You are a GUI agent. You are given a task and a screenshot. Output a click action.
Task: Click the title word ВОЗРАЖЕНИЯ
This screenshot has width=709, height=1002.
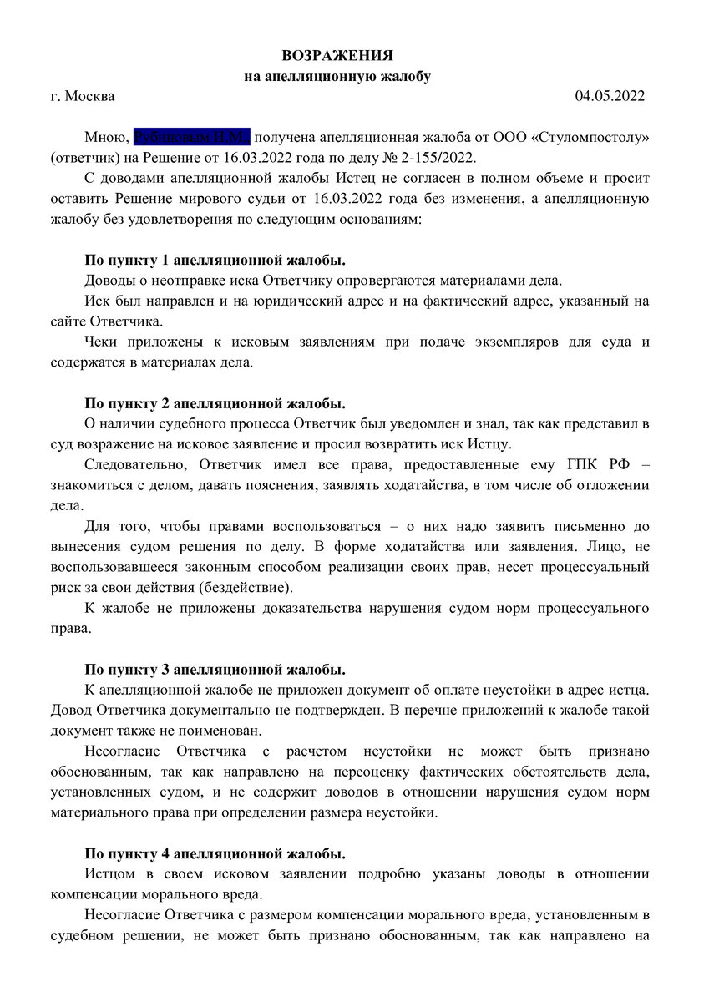click(337, 56)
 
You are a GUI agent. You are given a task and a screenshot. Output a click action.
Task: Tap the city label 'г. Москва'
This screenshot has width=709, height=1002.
click(83, 96)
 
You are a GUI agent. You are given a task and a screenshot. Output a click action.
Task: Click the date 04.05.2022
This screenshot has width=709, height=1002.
click(610, 96)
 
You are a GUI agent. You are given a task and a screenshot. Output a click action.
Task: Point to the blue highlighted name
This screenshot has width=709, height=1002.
click(191, 137)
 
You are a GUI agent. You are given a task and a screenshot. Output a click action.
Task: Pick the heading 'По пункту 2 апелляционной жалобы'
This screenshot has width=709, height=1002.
click(215, 403)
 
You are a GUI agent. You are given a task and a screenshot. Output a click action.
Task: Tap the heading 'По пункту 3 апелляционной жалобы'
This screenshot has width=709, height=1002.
click(215, 670)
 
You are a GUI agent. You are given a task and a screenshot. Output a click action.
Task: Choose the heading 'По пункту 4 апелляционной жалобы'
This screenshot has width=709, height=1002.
click(215, 853)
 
